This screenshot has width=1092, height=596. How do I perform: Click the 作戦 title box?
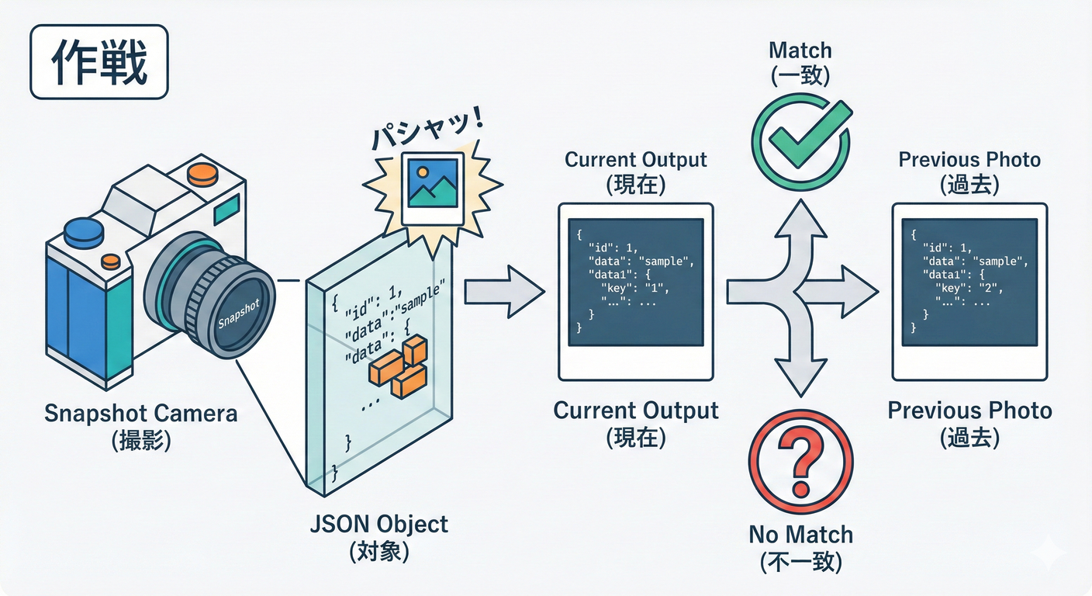(98, 61)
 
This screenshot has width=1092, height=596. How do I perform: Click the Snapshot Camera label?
(140, 413)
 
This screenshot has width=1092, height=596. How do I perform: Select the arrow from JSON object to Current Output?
(504, 292)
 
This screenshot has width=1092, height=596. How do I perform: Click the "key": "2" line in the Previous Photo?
(969, 288)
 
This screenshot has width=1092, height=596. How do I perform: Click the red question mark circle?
(801, 464)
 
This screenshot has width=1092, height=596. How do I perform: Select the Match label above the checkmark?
(800, 51)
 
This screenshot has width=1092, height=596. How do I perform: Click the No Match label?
(800, 535)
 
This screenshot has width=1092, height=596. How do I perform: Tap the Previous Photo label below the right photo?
(969, 411)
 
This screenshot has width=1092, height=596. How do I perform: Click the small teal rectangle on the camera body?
(226, 207)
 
